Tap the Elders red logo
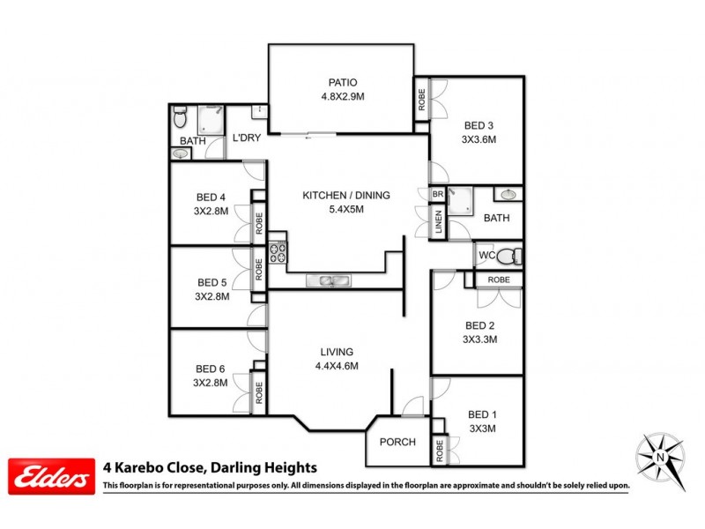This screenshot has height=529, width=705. click(51, 477)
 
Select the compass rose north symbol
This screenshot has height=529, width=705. click(660, 458)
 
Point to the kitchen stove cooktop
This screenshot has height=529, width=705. click(278, 253)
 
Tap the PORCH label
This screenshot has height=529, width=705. click(397, 442)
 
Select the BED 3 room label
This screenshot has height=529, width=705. click(480, 124)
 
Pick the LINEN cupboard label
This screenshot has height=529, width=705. click(438, 223)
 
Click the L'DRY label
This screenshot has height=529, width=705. click(247, 138)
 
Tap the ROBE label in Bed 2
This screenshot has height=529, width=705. click(499, 279)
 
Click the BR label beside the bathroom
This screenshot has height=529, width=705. click(437, 195)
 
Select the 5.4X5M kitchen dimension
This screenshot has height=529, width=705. click(345, 209)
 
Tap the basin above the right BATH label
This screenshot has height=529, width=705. click(508, 195)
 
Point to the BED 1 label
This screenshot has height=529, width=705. click(483, 414)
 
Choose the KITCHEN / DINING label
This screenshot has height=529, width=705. click(345, 195)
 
